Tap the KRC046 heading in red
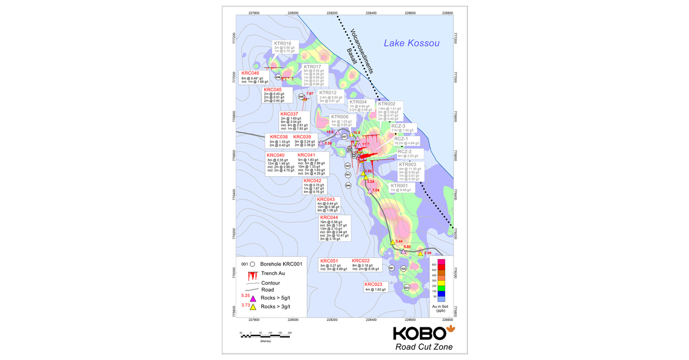tap(250, 73)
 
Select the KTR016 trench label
tap(282, 43)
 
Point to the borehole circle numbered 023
tap(407, 287)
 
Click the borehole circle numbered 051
tap(392, 268)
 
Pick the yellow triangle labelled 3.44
tap(393, 242)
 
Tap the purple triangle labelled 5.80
tap(403, 251)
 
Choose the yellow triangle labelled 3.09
tap(420, 253)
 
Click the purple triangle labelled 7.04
tap(370, 190)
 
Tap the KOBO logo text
tap(419, 333)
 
